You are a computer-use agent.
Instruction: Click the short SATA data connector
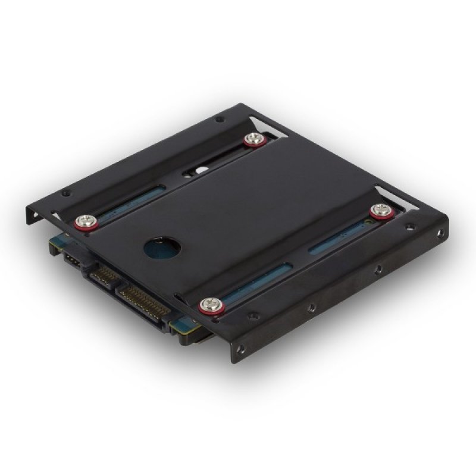tap(104, 274)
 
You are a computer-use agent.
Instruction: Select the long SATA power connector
tap(143, 300)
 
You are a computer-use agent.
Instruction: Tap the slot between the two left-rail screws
tap(137, 200)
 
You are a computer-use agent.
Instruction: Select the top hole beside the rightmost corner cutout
tap(410, 226)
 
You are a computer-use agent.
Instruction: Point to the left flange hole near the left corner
tap(65, 193)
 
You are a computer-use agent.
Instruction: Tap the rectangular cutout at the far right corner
tap(393, 196)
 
